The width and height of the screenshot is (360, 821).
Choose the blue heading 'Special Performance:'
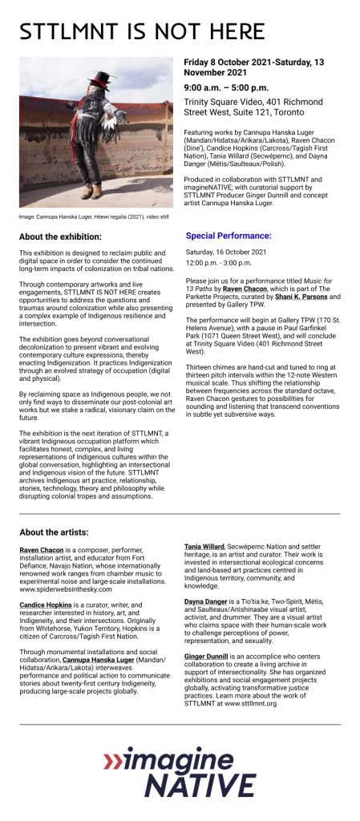[x=229, y=236]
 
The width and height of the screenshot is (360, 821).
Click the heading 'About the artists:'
[x=54, y=532]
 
